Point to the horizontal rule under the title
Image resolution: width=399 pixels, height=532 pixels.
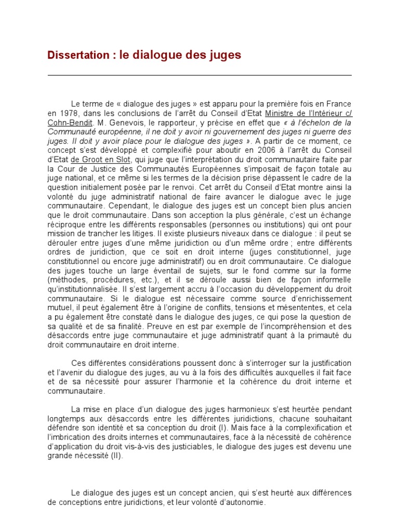click(x=199, y=75)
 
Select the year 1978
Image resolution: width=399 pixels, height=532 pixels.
click(x=68, y=114)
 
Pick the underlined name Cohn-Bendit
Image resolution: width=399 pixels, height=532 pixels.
click(x=70, y=123)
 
